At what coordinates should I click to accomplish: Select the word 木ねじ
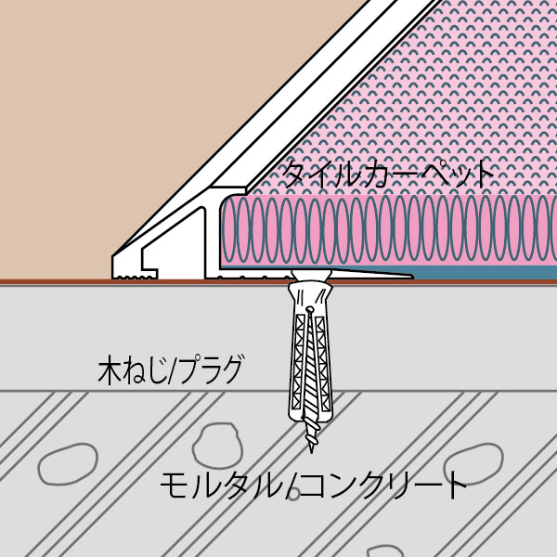[x=133, y=370]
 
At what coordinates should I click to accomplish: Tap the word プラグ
[x=211, y=370]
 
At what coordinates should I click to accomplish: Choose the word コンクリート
[x=381, y=486]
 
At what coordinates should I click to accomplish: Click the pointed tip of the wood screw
[x=312, y=452]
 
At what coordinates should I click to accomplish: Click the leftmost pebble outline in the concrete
[x=68, y=464]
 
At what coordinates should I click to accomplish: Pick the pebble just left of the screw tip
[x=217, y=446]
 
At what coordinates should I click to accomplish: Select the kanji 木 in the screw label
[x=110, y=371]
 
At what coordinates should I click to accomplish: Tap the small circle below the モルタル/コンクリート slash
[x=293, y=494]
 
